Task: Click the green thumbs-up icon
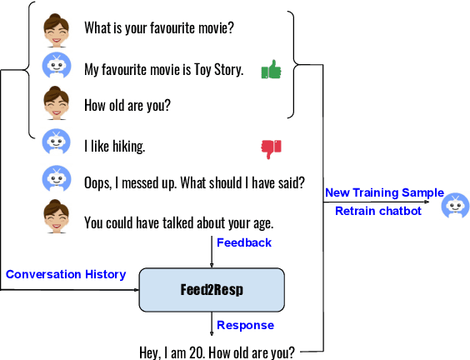[x=272, y=70]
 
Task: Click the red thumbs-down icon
[x=272, y=147]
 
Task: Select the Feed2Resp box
[x=211, y=290]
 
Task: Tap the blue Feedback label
[x=244, y=242]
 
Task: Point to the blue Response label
[x=245, y=325]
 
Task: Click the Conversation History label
[x=66, y=274]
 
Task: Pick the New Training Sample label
[x=384, y=192]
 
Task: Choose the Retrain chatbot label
[x=377, y=211]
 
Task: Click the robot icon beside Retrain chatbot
[x=455, y=205]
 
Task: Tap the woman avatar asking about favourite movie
[x=56, y=29]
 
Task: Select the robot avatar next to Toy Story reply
[x=56, y=67]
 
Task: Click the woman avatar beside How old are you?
[x=56, y=106]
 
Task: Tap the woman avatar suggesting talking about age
[x=56, y=221]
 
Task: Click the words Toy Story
[x=217, y=70]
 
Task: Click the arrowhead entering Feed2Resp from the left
[x=135, y=290]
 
